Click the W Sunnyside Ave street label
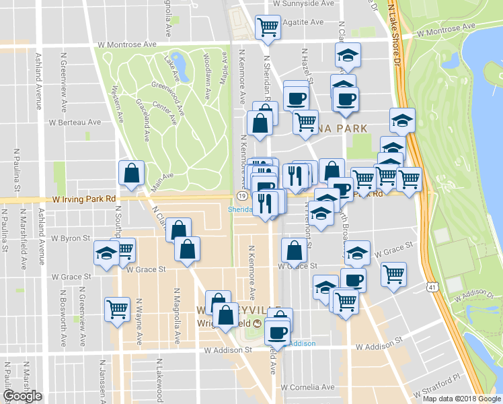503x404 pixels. coord(303,3)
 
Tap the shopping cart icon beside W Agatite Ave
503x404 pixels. coord(268,27)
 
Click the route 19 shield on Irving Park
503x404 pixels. coord(240,196)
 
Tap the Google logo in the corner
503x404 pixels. coord(22,396)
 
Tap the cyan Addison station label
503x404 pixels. coord(301,343)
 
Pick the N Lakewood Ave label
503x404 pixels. coord(162,377)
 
